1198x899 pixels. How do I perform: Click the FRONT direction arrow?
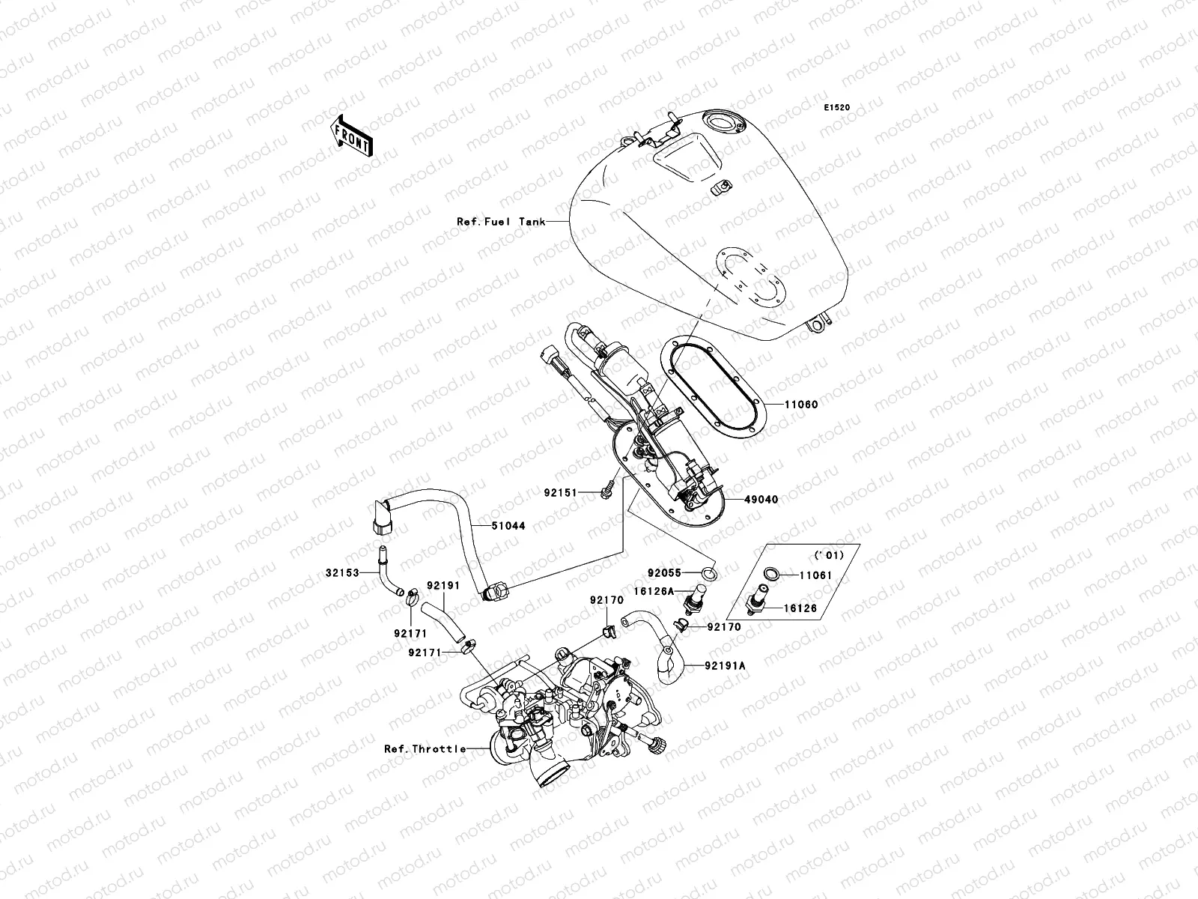[x=353, y=136]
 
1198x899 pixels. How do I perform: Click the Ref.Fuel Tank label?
[x=501, y=222]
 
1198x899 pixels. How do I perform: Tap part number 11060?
[x=801, y=405]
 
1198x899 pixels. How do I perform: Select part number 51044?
[x=508, y=526]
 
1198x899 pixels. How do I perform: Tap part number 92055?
[x=663, y=573]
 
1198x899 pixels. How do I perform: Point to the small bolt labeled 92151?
[x=603, y=488]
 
